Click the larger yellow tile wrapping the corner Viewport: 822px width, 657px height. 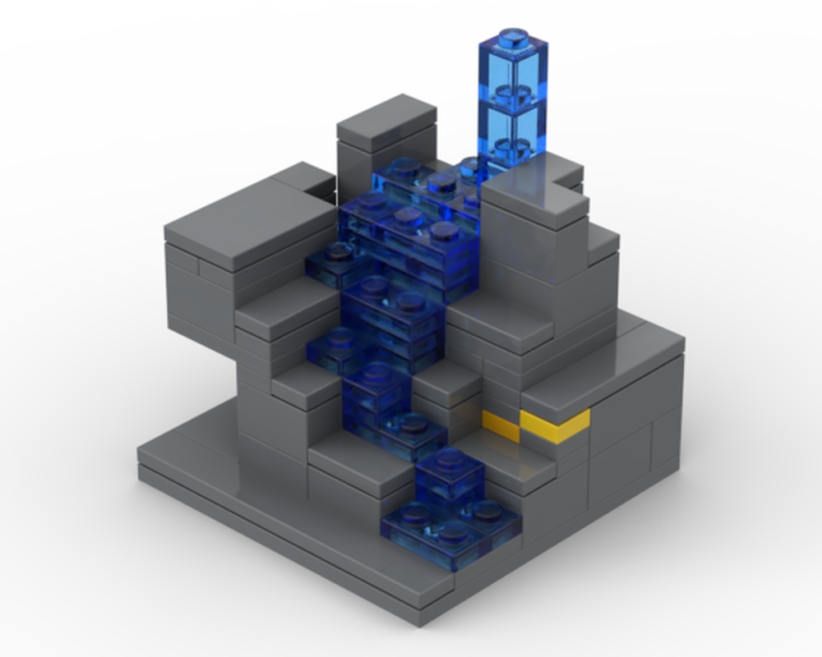(556, 424)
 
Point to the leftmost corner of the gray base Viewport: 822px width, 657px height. (140, 460)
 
